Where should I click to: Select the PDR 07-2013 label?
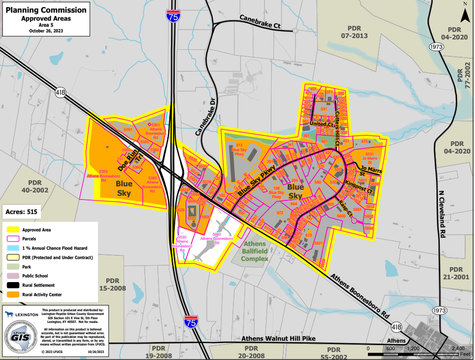[354, 32]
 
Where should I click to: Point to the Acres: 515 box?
[21, 212]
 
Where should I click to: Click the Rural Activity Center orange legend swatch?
[13, 295]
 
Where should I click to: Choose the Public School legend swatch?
[13, 276]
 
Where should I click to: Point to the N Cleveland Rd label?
[442, 212]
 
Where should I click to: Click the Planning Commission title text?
[46, 10]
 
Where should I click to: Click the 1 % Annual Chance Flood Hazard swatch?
[13, 248]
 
